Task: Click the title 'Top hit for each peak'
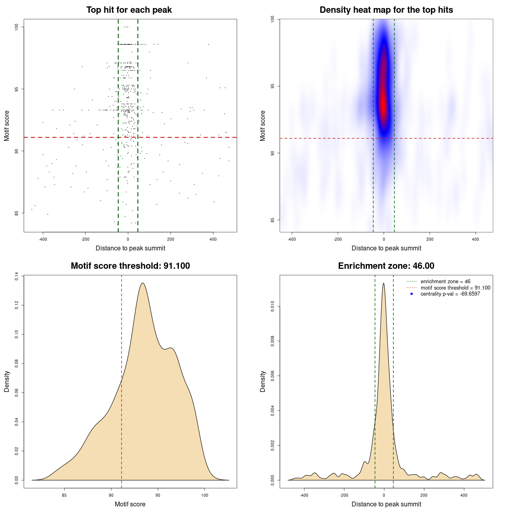pos(129,10)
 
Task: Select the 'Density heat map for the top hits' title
pos(386,10)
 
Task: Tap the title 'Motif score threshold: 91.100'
pos(130,266)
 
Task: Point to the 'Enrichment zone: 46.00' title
pos(386,266)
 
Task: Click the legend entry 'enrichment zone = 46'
pos(445,282)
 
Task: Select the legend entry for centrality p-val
pos(450,294)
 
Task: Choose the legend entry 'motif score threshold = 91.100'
pos(455,288)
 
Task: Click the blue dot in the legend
pos(412,294)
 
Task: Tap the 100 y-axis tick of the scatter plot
pos(16,27)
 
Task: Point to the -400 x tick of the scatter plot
pos(43,239)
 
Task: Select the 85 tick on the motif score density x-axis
pos(64,495)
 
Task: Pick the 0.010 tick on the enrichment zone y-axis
pos(272,307)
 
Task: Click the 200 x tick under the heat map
pos(430,239)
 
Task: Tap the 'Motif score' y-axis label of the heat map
pos(262,126)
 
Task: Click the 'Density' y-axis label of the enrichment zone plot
pos(262,382)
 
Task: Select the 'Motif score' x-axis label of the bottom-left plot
pos(130,504)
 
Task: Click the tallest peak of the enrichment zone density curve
pos(384,283)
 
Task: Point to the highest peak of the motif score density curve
pos(142,283)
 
